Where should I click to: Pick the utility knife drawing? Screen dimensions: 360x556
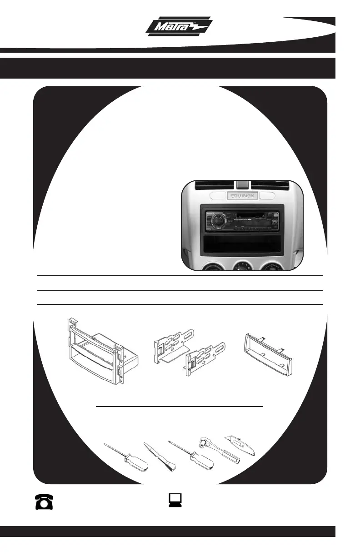click(240, 446)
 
